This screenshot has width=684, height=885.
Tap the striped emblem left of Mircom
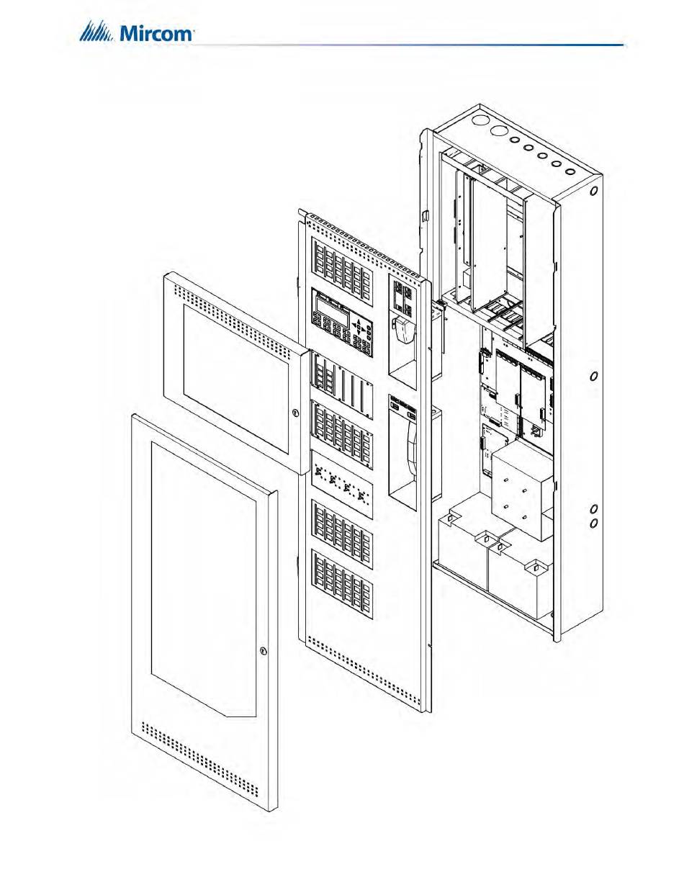coord(96,32)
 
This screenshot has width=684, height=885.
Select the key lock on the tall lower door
coord(264,652)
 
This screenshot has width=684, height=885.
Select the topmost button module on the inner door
coord(341,262)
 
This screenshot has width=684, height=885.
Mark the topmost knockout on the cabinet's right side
coord(594,193)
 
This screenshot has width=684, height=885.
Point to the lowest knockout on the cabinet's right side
coord(594,523)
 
